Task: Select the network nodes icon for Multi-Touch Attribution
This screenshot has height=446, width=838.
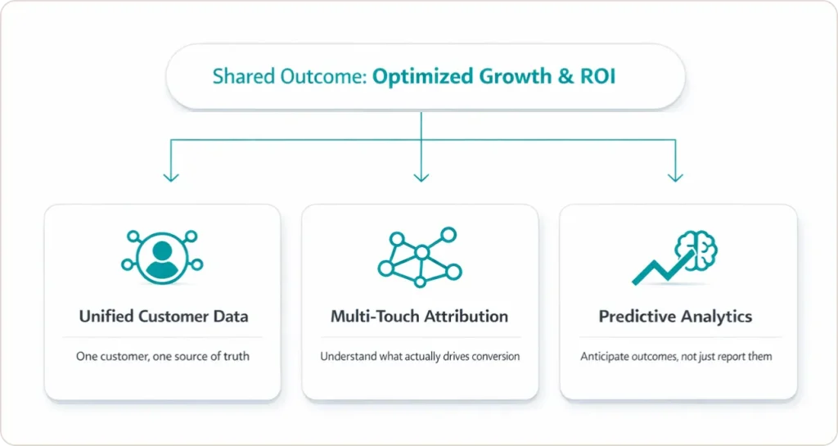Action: [x=419, y=256]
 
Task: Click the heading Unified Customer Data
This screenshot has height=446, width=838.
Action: [x=162, y=317]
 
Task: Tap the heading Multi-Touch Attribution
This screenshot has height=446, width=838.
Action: [x=419, y=317]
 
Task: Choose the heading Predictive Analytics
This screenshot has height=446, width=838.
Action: [x=675, y=317]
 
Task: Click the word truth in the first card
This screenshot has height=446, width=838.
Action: [x=236, y=357]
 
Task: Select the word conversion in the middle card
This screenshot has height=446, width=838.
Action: [x=494, y=357]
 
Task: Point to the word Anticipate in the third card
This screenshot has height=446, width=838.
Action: [x=604, y=357]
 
